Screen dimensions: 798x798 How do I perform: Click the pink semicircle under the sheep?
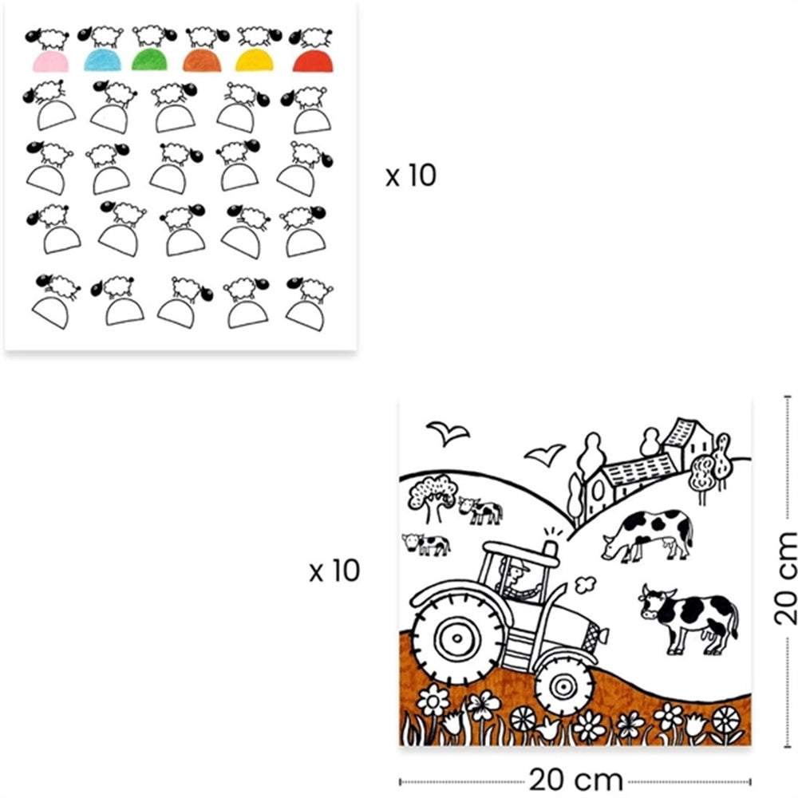[51, 62]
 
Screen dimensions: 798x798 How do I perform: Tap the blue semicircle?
[103, 61]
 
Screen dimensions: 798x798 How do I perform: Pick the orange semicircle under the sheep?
[202, 61]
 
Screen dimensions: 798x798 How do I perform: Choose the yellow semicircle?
[254, 61]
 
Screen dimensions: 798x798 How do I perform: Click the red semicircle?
[313, 61]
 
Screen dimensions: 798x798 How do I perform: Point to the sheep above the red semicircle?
[311, 38]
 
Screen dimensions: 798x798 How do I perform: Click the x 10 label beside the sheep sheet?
[411, 176]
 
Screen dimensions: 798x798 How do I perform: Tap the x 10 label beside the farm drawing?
[334, 571]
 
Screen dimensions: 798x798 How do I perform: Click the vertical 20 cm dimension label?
[784, 578]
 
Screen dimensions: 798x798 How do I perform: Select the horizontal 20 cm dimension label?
[576, 780]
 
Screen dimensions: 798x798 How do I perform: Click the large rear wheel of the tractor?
[457, 638]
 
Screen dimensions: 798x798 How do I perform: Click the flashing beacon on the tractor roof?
[551, 547]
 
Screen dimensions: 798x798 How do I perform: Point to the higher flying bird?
[448, 433]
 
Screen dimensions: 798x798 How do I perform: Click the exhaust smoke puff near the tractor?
[585, 585]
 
